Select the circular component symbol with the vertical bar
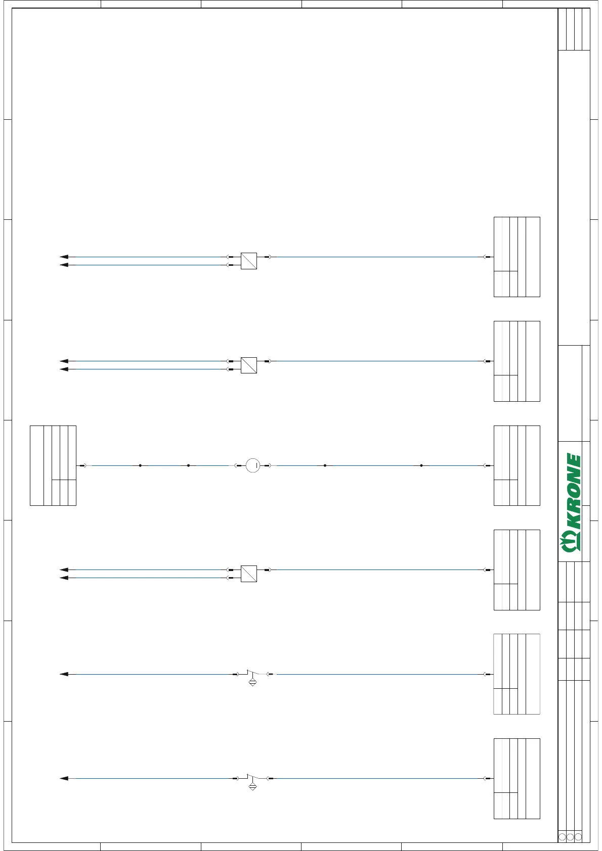pyautogui.click(x=253, y=465)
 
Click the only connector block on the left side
pyautogui.click(x=53, y=465)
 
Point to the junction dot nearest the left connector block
pyautogui.click(x=140, y=465)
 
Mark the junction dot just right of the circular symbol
pyautogui.click(x=325, y=465)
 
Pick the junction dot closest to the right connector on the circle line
pyautogui.click(x=421, y=465)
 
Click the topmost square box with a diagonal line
pyautogui.click(x=249, y=261)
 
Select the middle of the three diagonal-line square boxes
pyautogui.click(x=249, y=365)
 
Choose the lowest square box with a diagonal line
pyautogui.click(x=249, y=574)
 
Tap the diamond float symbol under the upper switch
pyautogui.click(x=253, y=682)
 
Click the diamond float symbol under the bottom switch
pyautogui.click(x=253, y=787)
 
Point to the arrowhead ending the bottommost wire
pyautogui.click(x=64, y=779)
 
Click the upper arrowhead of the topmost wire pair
pyautogui.click(x=64, y=257)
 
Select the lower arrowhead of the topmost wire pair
pyautogui.click(x=64, y=265)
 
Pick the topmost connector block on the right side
pyautogui.click(x=517, y=257)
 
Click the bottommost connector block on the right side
pyautogui.click(x=517, y=779)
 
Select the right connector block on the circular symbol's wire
pyautogui.click(x=517, y=465)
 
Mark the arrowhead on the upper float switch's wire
pyautogui.click(x=64, y=674)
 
